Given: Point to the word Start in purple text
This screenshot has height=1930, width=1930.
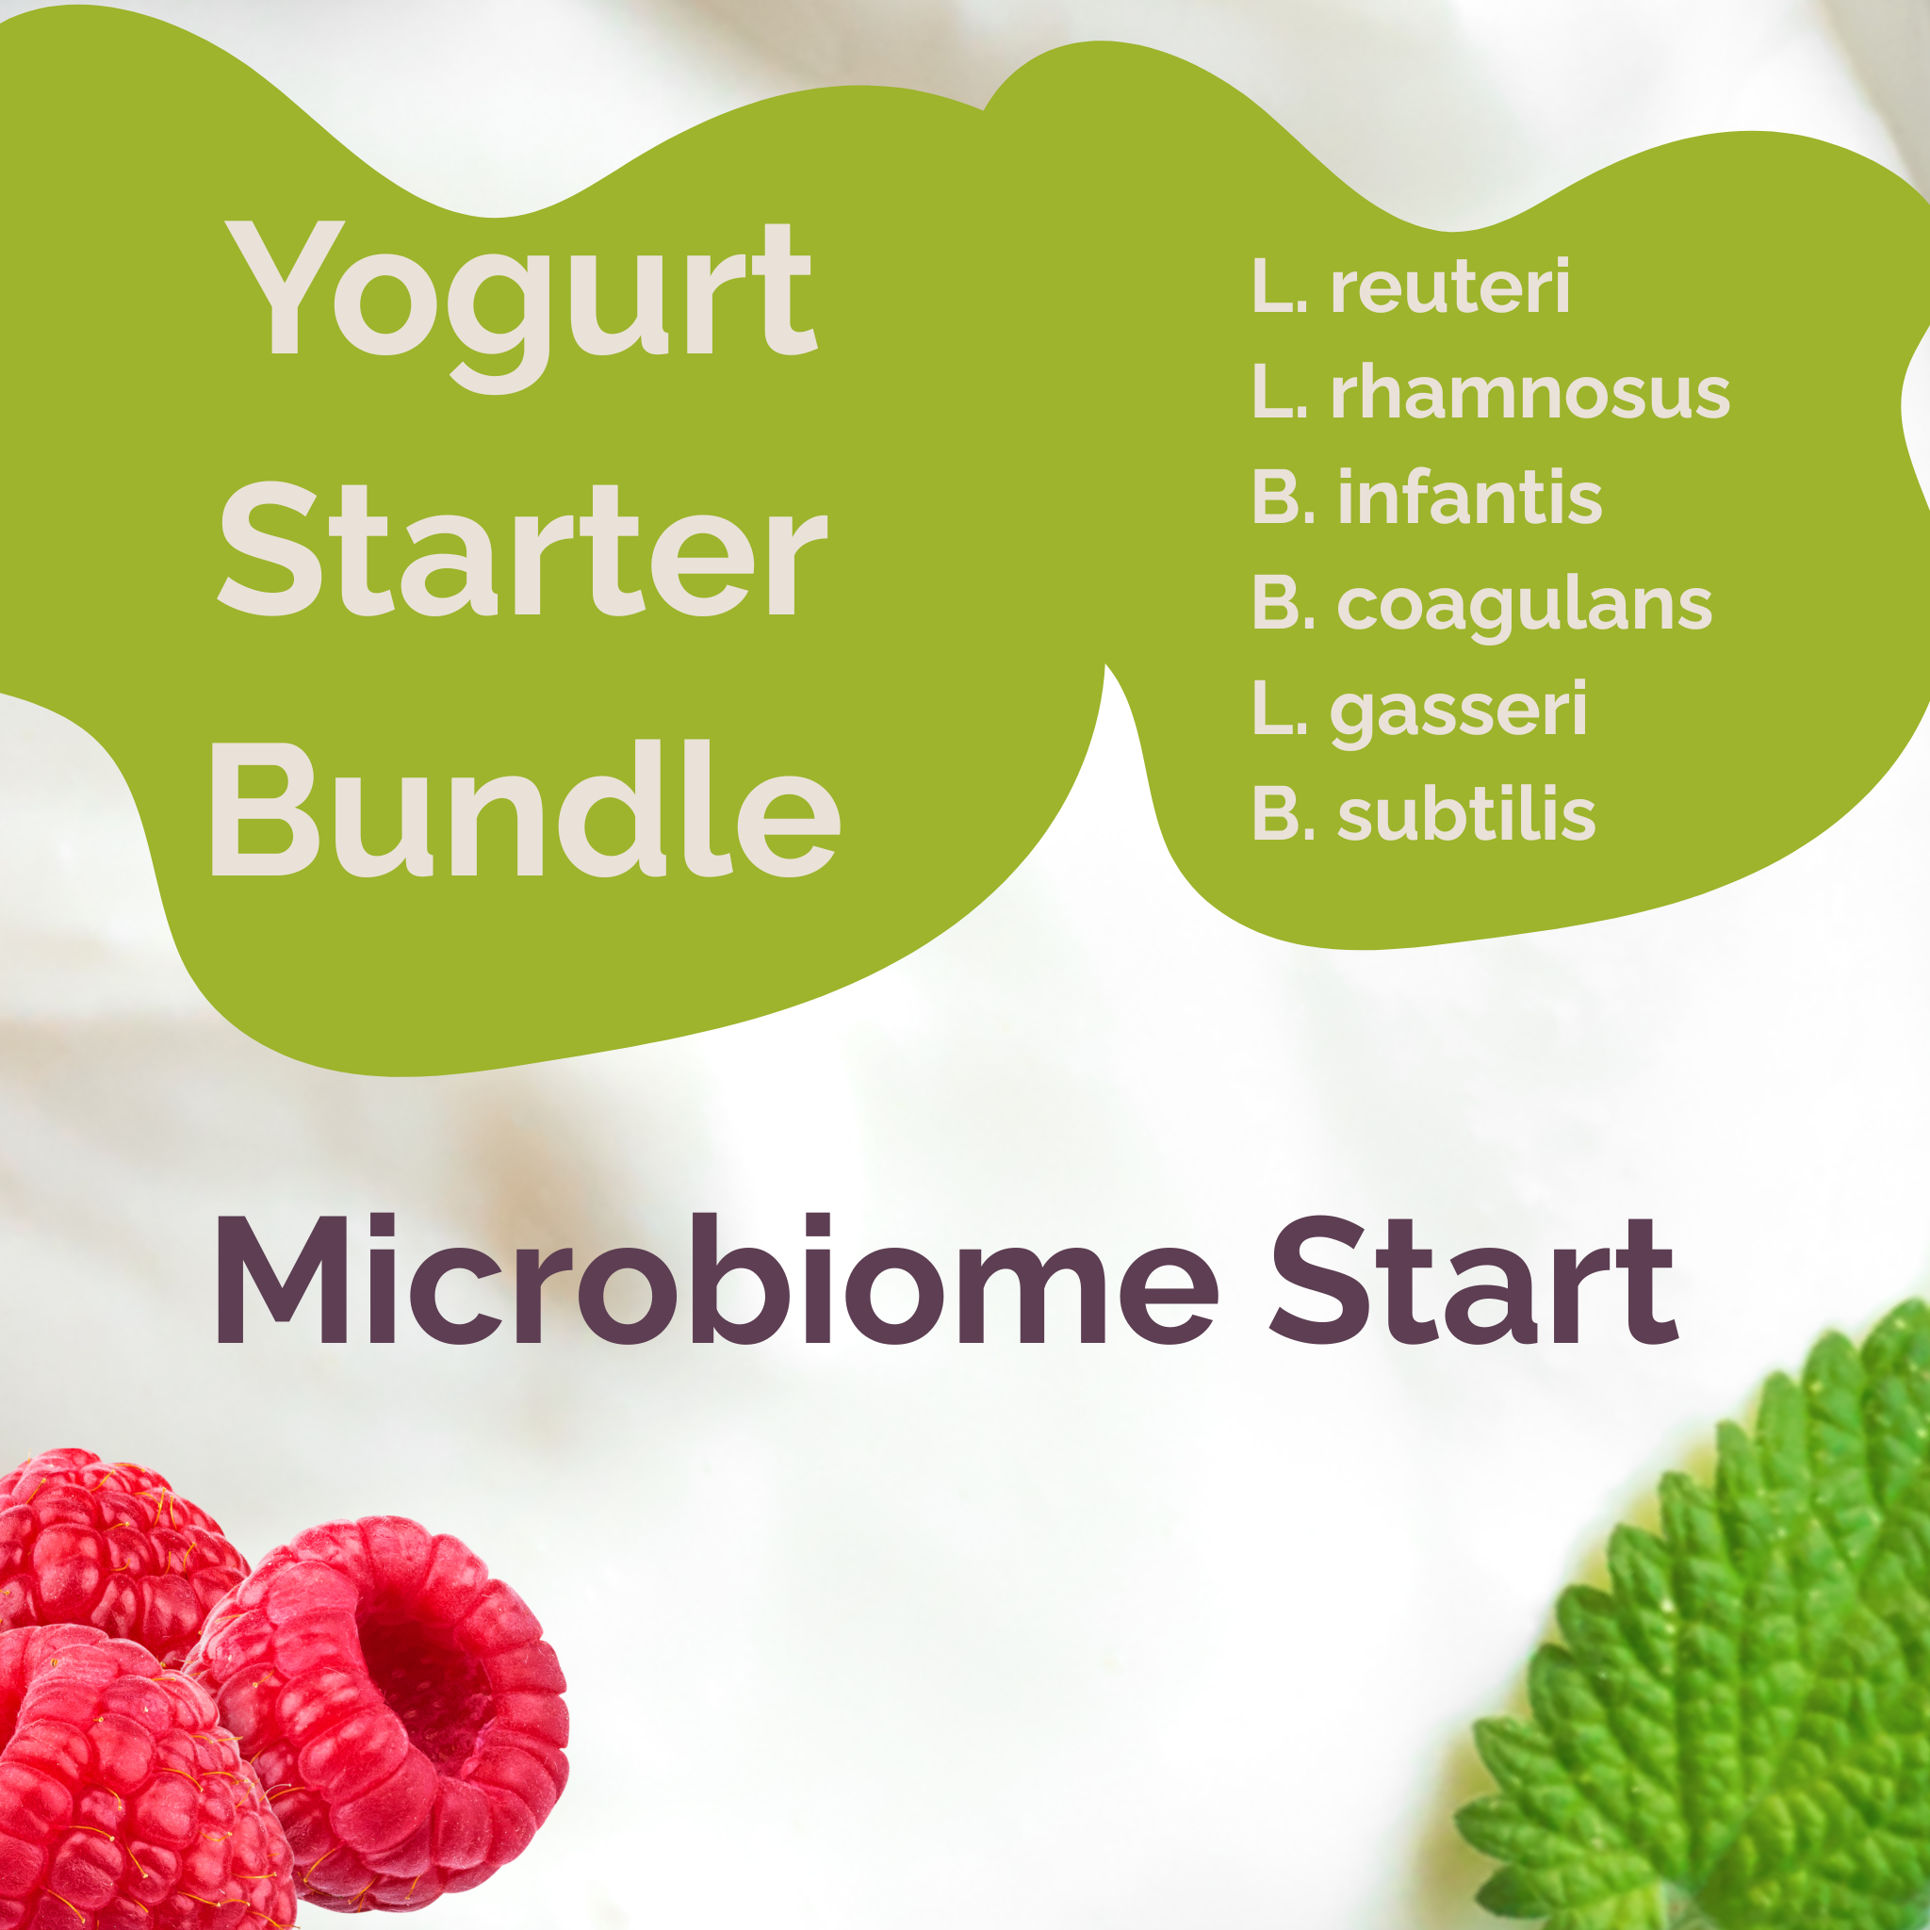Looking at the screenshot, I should pos(1474,1282).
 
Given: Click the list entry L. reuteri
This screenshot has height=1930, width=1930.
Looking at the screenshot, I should pos(1410,287).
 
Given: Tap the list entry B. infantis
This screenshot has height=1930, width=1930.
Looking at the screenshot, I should pos(1426,498).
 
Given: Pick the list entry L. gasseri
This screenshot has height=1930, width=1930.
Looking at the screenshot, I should pos(1418,711).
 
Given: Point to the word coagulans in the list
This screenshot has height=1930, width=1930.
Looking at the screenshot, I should pos(1524,606).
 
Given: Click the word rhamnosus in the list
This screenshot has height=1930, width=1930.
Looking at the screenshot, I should pos(1529,393).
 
